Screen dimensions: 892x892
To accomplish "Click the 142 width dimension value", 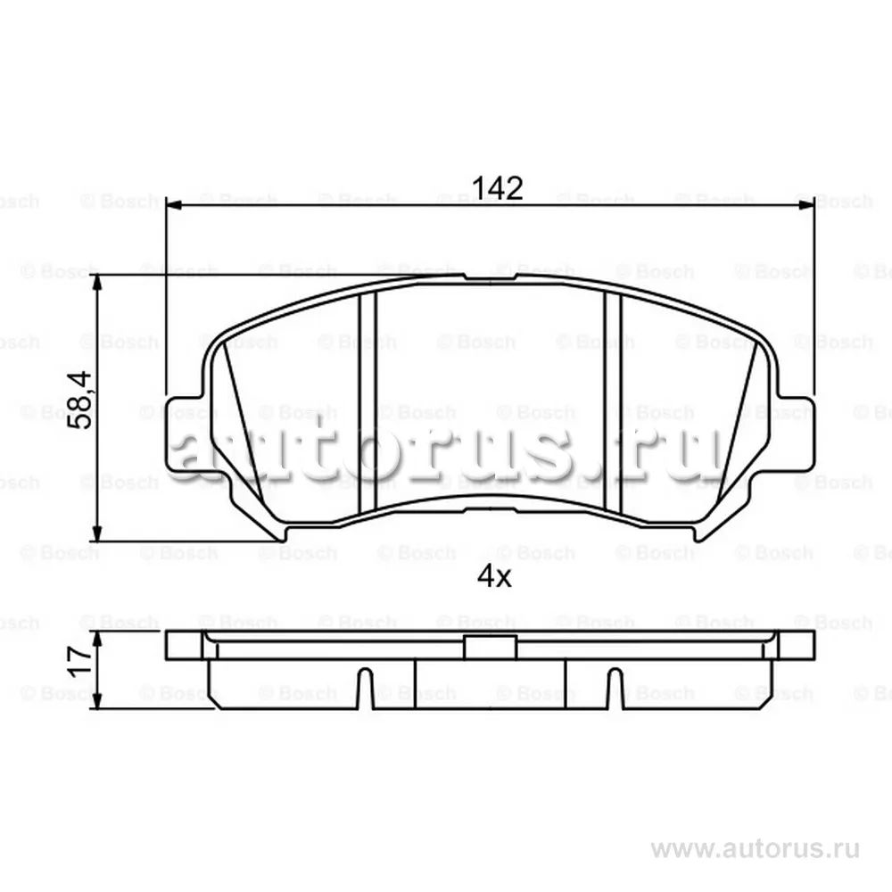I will click(x=497, y=188).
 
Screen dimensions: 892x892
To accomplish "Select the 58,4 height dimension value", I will click(x=81, y=401).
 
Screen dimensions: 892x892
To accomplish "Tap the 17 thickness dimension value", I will click(x=80, y=660).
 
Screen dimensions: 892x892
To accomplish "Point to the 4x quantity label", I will click(x=493, y=577).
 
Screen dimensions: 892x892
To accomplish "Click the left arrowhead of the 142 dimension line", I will click(x=174, y=205).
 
